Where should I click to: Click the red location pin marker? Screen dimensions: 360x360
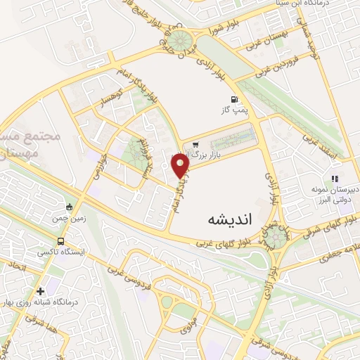coord(181,166)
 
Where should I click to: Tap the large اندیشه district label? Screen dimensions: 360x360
coord(230,219)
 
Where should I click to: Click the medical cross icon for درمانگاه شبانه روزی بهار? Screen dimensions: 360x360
coord(40,290)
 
